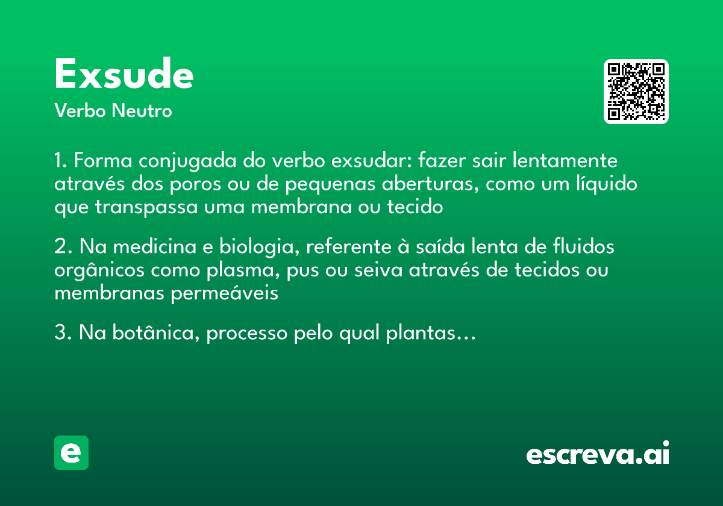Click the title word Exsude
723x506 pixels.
click(x=124, y=75)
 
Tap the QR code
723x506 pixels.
click(x=636, y=92)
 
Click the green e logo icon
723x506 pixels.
click(x=71, y=452)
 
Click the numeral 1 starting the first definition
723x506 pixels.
click(x=59, y=161)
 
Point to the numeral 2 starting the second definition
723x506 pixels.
click(x=60, y=247)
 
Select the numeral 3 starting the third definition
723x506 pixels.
click(x=60, y=333)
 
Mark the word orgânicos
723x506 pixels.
click(x=99, y=271)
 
